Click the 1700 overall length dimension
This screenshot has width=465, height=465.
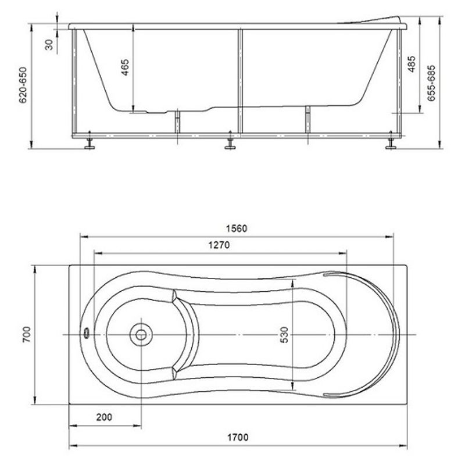[238, 438]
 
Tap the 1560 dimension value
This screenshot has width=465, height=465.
[237, 228]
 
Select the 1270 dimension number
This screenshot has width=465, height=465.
[219, 245]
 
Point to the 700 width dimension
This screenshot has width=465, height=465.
[27, 335]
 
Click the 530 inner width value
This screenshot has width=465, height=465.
[284, 335]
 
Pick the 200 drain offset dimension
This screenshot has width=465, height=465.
[105, 417]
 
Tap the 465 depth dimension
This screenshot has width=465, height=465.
[125, 67]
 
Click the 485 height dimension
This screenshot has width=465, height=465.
[412, 64]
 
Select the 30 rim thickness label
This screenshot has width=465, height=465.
[49, 45]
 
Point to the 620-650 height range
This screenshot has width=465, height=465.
[23, 85]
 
